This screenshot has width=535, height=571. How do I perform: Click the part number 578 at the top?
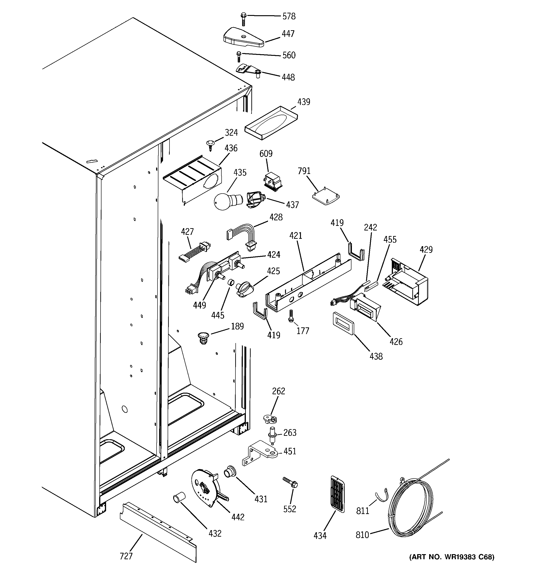coord(289,16)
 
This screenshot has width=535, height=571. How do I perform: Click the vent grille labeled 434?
coord(337,494)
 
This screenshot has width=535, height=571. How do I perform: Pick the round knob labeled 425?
coord(244,289)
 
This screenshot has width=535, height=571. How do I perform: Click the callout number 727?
coord(126,556)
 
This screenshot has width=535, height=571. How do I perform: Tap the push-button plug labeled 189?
coord(203,337)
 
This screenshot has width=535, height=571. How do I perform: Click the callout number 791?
coord(304,171)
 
